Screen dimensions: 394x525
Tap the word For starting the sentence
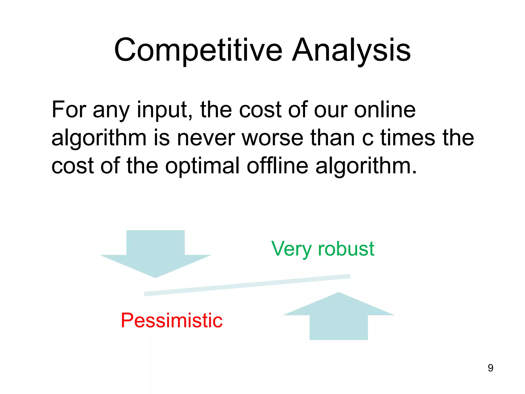69,110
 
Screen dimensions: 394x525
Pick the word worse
272,138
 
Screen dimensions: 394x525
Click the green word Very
291,249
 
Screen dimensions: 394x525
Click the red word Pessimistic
171,321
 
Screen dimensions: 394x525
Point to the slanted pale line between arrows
247,285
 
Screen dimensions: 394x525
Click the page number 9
490,368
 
